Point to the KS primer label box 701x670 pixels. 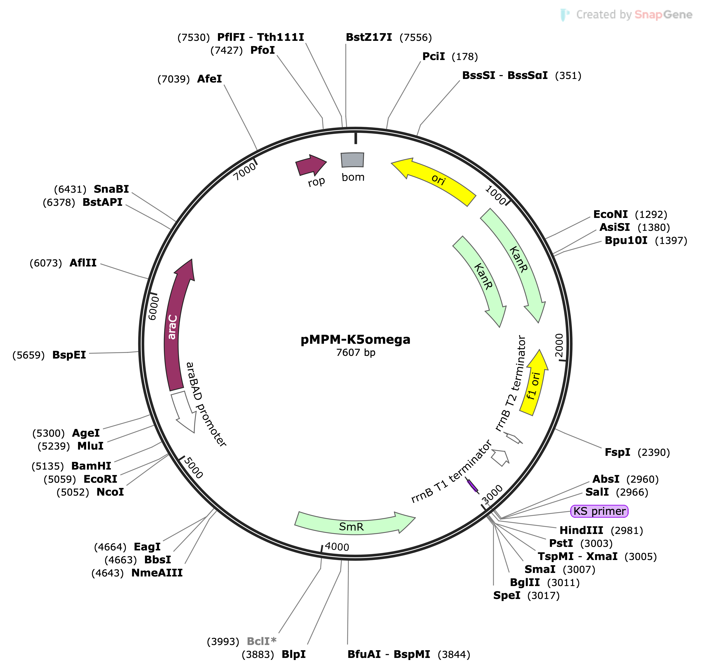(x=599, y=511)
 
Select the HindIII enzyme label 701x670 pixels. (x=581, y=530)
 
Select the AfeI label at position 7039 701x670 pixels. (x=210, y=79)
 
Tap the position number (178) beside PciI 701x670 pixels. (x=465, y=57)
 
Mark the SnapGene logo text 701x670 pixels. (x=663, y=15)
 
